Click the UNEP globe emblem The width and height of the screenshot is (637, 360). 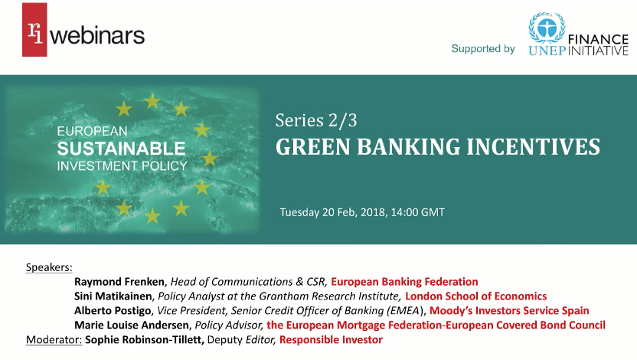coord(547,28)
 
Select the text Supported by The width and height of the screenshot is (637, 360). coord(482,49)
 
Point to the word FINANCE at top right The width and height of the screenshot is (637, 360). coord(598,35)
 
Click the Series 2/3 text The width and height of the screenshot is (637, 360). coord(316,120)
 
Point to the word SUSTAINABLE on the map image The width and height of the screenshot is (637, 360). coord(121,148)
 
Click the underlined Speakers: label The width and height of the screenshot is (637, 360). coord(49,267)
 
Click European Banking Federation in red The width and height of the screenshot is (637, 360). coord(404,281)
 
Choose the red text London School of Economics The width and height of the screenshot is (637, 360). coord(475,296)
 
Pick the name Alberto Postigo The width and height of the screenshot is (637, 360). coord(113,310)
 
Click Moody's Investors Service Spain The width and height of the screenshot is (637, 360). coord(509,310)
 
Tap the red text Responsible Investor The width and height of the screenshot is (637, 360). coord(331,339)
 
